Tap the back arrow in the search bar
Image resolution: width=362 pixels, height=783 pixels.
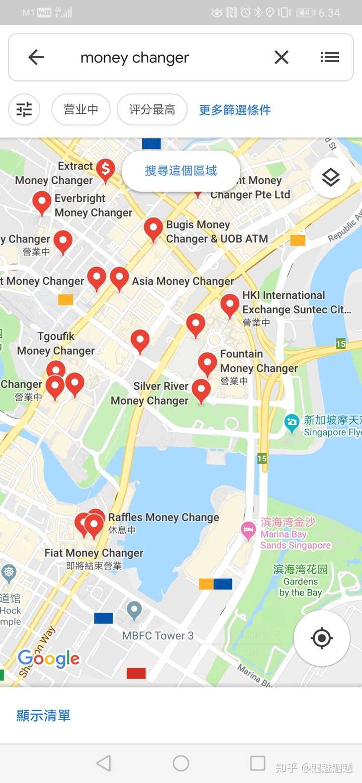36,58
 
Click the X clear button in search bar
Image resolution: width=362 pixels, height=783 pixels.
282,58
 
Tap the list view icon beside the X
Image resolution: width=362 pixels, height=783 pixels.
330,58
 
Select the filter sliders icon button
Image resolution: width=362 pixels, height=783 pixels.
24,109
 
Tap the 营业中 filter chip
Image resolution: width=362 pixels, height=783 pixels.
81,109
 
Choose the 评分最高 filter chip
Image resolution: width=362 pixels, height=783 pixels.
152,109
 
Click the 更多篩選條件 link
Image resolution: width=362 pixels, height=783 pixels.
235,110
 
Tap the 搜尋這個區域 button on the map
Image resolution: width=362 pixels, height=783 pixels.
180,171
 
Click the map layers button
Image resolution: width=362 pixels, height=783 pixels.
330,177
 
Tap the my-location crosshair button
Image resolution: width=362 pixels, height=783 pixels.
322,638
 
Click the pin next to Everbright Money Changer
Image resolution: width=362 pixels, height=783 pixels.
42,202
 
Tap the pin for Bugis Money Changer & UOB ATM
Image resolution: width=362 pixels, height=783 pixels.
153,228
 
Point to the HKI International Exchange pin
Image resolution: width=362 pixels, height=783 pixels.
230,305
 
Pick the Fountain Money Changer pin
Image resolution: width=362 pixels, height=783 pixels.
207,363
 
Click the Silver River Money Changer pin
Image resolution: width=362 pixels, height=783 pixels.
201,390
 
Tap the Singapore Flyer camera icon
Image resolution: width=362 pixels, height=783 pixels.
292,423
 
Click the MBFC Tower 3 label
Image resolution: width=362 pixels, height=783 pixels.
158,635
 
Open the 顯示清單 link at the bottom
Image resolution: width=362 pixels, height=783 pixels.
43,715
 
